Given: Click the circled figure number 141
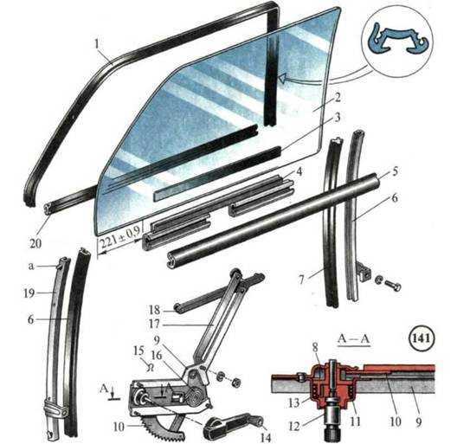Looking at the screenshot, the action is (421, 338).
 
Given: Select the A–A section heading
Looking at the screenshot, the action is (354, 338).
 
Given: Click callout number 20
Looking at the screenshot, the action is (35, 243).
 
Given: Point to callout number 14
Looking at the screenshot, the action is (266, 437).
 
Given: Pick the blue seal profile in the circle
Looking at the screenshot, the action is (398, 41).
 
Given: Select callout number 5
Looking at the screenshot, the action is (395, 171).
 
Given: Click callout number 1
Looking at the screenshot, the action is (97, 44).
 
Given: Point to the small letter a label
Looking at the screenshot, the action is (31, 266).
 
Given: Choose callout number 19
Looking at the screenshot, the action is (29, 293).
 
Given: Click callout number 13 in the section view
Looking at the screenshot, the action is (294, 402).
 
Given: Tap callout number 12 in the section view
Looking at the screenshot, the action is (294, 426).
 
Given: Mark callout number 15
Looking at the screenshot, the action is (138, 351).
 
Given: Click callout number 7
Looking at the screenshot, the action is (301, 280).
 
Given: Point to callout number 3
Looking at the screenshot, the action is (338, 117).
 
